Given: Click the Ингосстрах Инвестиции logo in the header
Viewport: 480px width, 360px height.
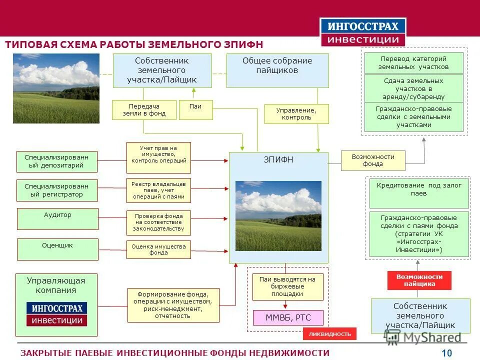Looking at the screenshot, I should point(362,32).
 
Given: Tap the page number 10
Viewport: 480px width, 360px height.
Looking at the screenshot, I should point(446,353).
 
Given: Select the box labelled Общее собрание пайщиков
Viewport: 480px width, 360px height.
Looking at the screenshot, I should point(277,70).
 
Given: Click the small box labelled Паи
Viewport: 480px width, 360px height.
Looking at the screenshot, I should point(195,109).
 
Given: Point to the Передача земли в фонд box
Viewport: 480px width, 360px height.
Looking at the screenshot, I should point(144,110).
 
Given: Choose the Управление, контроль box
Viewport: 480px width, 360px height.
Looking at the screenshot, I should point(296,113).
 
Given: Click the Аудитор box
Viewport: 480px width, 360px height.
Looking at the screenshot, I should point(57,219).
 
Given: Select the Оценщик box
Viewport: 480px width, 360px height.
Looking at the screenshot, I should point(57,249).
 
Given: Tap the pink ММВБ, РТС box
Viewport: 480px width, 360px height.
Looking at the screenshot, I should point(288,317).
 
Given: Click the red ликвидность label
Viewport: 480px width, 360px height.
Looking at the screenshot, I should point(329,333).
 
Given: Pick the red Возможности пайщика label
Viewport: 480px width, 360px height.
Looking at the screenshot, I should point(419,280).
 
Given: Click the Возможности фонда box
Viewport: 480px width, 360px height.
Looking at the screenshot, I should point(373,160).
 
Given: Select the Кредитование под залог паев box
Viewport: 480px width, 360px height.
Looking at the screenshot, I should point(419,193).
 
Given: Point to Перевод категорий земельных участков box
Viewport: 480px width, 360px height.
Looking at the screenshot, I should point(413,63).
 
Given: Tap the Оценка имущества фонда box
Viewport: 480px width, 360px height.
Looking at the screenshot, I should point(158,249).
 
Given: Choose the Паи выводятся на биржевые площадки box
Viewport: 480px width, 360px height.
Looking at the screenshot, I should point(287,287).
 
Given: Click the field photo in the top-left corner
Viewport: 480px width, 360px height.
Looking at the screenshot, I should point(56,88).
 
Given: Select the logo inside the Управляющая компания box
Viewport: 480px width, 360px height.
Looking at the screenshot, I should point(56,314).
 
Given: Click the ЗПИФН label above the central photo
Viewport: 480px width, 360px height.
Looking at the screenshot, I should point(278,160).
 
